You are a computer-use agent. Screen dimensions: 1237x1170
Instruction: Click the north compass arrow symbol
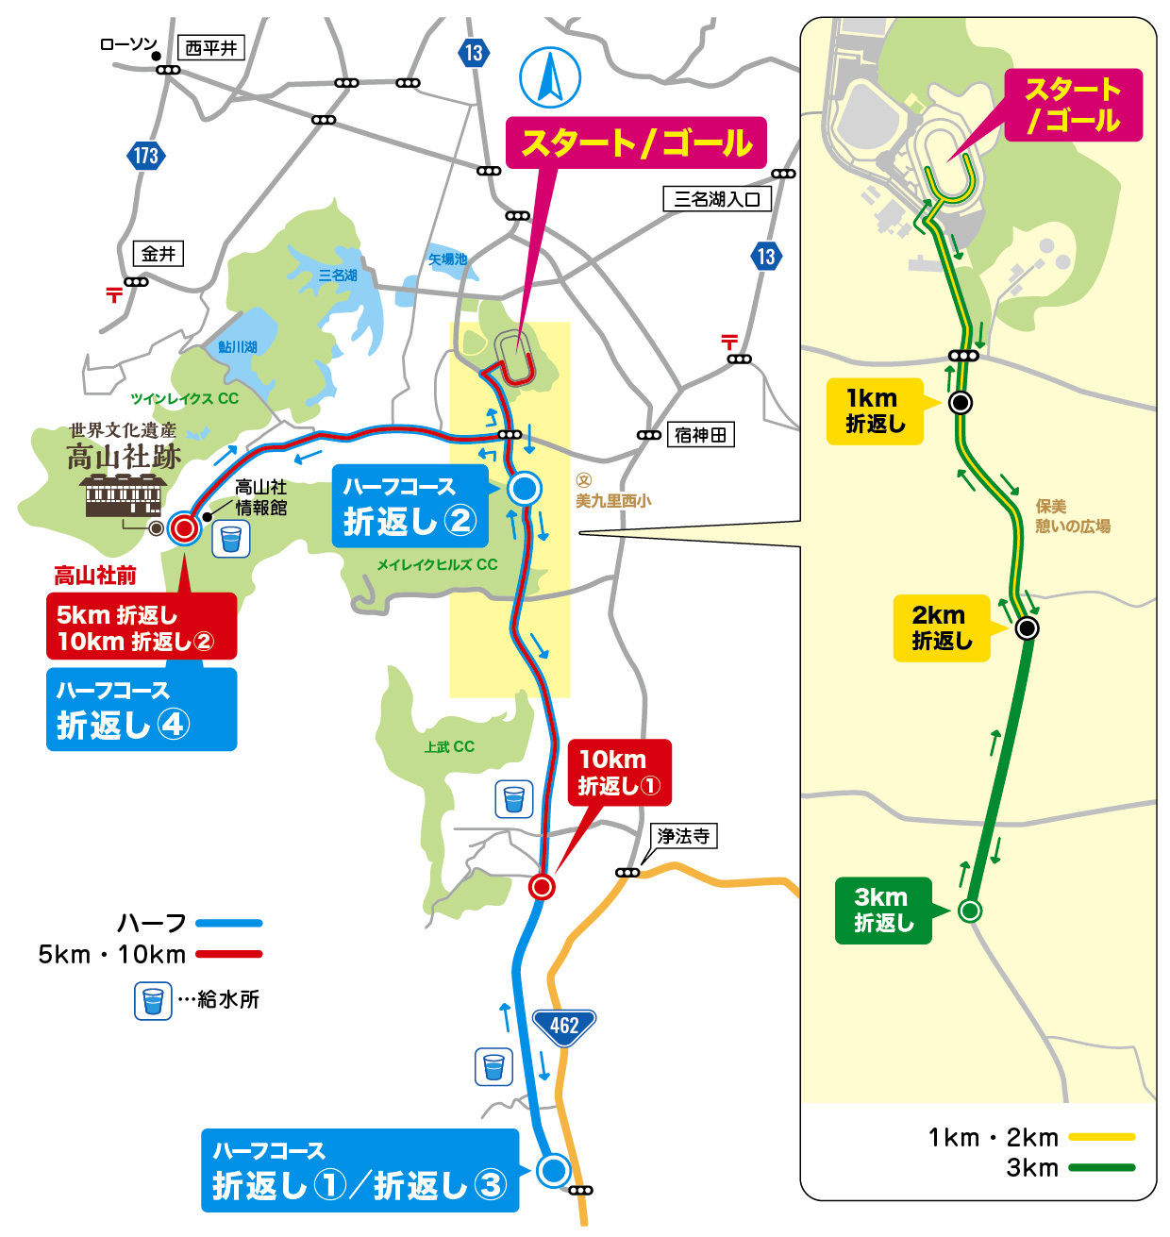[550, 77]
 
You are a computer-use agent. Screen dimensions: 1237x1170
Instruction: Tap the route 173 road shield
[145, 156]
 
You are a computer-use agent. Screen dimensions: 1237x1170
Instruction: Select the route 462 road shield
[563, 1026]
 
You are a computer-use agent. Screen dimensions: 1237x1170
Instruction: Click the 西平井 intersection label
[210, 47]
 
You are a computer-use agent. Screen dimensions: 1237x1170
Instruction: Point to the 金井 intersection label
[159, 254]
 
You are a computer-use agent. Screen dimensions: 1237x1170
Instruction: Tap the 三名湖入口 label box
[717, 199]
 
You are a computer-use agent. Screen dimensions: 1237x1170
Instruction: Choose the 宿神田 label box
[700, 435]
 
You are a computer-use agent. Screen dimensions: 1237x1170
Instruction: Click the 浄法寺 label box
[684, 836]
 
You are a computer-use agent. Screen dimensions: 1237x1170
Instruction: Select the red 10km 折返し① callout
[619, 772]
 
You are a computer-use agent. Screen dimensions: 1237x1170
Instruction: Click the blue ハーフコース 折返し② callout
[409, 506]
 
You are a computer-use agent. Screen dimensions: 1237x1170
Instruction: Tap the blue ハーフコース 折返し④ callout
[141, 710]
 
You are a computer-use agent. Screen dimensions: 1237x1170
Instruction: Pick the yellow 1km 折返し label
[874, 410]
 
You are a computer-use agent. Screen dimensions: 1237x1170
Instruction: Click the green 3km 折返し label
[882, 910]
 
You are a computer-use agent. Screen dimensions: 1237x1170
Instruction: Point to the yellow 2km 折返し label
[941, 627]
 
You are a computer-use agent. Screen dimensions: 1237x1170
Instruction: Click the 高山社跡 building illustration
[124, 495]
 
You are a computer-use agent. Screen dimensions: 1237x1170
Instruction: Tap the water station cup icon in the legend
[152, 1000]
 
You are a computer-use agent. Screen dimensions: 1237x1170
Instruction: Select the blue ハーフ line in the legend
[228, 924]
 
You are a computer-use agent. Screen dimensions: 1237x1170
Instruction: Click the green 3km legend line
[1101, 1168]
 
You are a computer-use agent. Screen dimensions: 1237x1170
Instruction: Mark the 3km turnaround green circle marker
[969, 911]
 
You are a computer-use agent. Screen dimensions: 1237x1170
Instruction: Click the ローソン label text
[127, 44]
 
